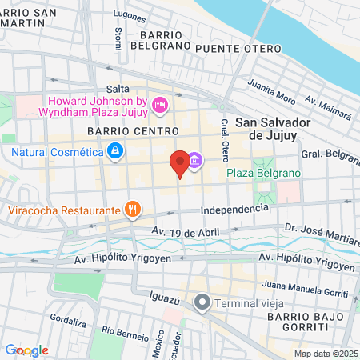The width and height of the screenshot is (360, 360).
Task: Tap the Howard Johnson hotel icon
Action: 158,105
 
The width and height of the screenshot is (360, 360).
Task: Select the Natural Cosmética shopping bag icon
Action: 116,150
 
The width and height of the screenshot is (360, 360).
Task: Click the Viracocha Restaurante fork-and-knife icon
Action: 133,210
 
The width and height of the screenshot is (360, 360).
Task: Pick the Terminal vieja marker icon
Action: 203,302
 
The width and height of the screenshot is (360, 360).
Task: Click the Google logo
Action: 26,350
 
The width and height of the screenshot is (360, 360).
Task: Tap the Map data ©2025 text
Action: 326,354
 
